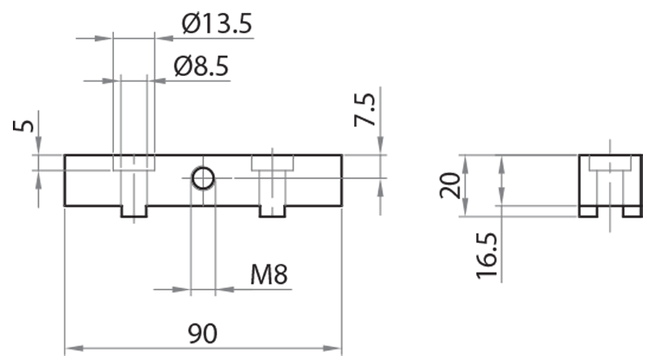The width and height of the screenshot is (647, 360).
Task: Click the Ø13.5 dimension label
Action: click(x=217, y=24)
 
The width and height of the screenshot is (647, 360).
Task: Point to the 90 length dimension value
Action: click(x=203, y=333)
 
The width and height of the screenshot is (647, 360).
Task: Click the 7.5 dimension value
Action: click(x=365, y=109)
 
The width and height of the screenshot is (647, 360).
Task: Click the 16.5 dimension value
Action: click(x=486, y=253)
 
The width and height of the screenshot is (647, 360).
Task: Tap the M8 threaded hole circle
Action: click(x=203, y=177)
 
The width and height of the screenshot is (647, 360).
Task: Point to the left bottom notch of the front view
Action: click(x=134, y=211)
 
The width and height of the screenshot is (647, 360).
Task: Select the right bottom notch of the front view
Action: click(x=273, y=211)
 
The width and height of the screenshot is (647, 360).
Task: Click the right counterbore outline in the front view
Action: click(x=273, y=163)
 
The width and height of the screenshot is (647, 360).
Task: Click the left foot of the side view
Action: click(x=588, y=210)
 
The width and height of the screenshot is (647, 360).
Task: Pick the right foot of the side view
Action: click(x=631, y=210)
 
